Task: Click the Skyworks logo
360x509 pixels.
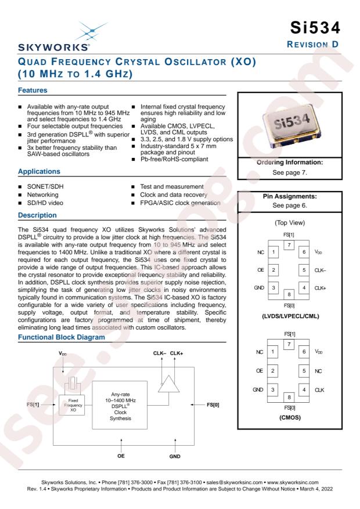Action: [x=54, y=37]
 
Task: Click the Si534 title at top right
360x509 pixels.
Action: [x=315, y=28]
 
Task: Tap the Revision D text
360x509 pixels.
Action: [x=312, y=45]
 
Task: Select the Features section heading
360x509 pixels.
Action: [x=33, y=90]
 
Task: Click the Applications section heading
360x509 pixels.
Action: [x=39, y=171]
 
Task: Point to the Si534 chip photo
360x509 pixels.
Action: [x=290, y=124]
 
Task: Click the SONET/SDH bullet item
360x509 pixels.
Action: [x=45, y=187]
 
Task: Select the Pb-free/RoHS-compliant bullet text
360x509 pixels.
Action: [x=174, y=159]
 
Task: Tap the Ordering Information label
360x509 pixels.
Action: [x=290, y=163]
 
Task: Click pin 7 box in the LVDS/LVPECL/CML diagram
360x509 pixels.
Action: [x=289, y=245]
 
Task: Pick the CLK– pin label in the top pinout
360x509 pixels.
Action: [x=320, y=270]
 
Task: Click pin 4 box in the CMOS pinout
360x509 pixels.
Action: [x=304, y=389]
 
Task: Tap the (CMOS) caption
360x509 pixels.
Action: [x=290, y=417]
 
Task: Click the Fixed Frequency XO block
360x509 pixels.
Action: [x=73, y=405]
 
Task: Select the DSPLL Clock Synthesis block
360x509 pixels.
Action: [x=120, y=406]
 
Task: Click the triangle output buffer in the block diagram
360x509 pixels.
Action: [x=169, y=384]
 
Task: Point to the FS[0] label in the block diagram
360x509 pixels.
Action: [x=213, y=405]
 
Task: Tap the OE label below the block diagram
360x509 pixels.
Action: [x=121, y=456]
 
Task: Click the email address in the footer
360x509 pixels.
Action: [x=235, y=482]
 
